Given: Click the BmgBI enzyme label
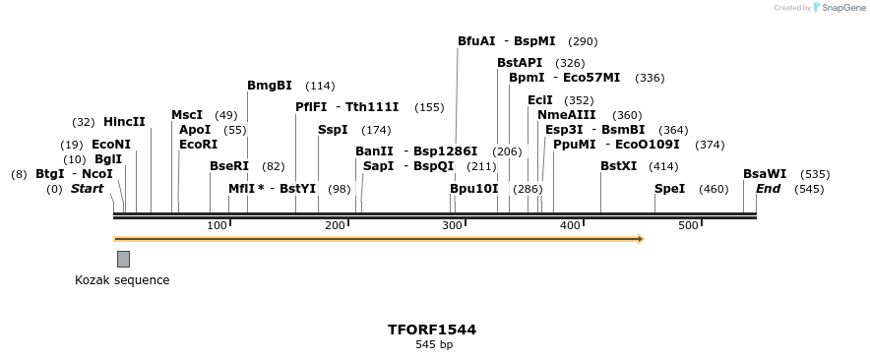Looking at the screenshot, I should pyautogui.click(x=269, y=86).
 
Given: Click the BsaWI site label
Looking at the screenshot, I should pyautogui.click(x=765, y=174).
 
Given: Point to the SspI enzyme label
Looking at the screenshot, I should pyautogui.click(x=333, y=130).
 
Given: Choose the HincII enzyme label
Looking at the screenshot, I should pyautogui.click(x=124, y=122).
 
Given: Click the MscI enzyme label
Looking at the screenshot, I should pyautogui.click(x=187, y=115).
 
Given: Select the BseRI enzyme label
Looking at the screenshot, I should pyautogui.click(x=229, y=166).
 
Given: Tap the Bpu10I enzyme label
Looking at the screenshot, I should pyautogui.click(x=474, y=189).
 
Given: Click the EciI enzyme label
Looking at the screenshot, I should pyautogui.click(x=540, y=100).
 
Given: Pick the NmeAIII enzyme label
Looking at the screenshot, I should pyautogui.click(x=567, y=115).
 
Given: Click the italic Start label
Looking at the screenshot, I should pyautogui.click(x=87, y=189).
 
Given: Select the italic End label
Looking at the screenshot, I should pyautogui.click(x=769, y=189).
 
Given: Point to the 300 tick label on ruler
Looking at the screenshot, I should pyautogui.click(x=453, y=226).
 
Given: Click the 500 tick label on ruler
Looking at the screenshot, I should pyautogui.click(x=688, y=226).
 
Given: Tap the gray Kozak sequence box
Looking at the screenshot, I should pyautogui.click(x=123, y=259).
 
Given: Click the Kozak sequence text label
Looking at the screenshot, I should pyautogui.click(x=122, y=280).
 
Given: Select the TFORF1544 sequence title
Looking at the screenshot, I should pyautogui.click(x=432, y=330).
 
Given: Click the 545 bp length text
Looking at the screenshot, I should pyautogui.click(x=434, y=345).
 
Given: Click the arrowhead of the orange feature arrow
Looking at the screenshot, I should pyautogui.click(x=640, y=238).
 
